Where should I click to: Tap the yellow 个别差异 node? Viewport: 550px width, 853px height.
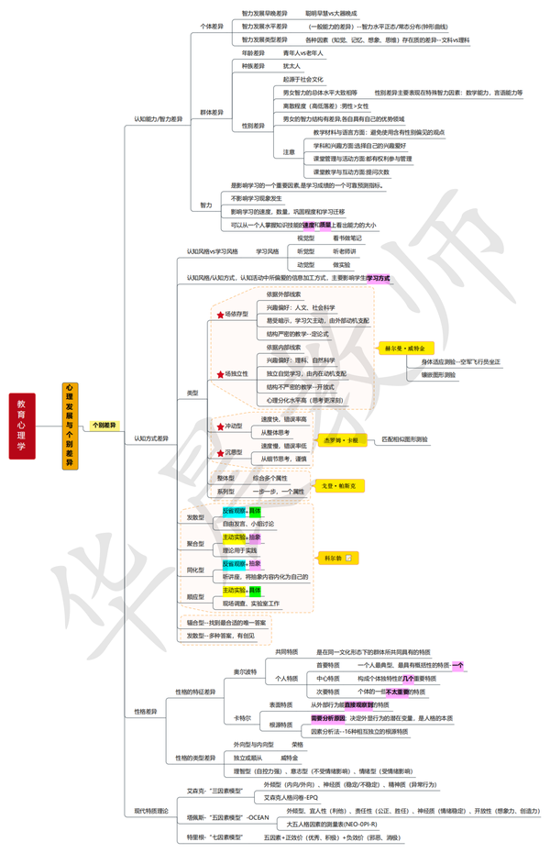(104, 426)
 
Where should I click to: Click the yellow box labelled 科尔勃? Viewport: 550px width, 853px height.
(338, 558)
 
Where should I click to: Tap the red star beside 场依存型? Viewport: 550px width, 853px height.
(220, 315)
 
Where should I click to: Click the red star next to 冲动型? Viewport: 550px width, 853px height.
(220, 426)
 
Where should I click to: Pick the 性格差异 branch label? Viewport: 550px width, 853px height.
(147, 711)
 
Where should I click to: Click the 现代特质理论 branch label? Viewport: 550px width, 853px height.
(152, 811)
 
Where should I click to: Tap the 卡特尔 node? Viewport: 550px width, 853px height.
(242, 717)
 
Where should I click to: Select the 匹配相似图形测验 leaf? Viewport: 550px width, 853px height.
(405, 440)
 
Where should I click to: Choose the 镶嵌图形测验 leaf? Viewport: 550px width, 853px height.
(439, 375)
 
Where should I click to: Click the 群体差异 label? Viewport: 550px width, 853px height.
(212, 112)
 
